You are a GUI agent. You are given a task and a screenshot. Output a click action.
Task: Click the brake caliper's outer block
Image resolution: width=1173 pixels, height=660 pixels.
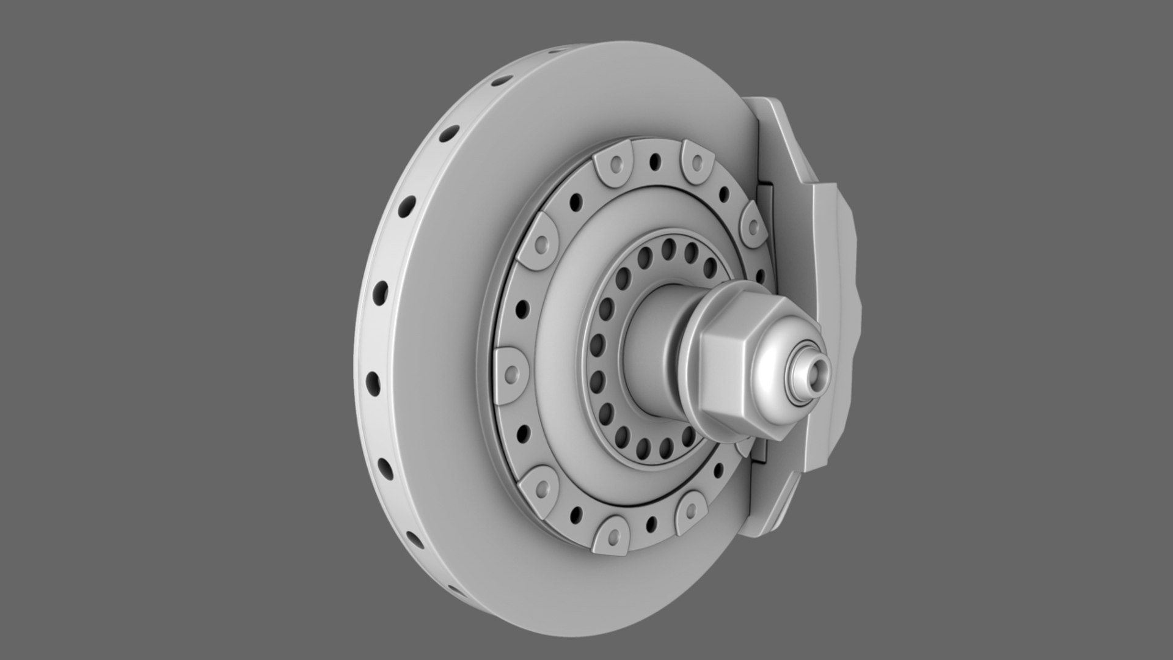(834, 330)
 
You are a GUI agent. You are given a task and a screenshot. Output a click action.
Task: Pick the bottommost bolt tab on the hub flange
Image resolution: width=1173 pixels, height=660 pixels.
(613, 528)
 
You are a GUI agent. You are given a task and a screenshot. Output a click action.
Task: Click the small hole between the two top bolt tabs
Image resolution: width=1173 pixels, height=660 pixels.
(655, 161)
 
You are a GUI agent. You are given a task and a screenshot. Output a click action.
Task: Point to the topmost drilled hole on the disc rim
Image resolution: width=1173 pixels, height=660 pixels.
(501, 80)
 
